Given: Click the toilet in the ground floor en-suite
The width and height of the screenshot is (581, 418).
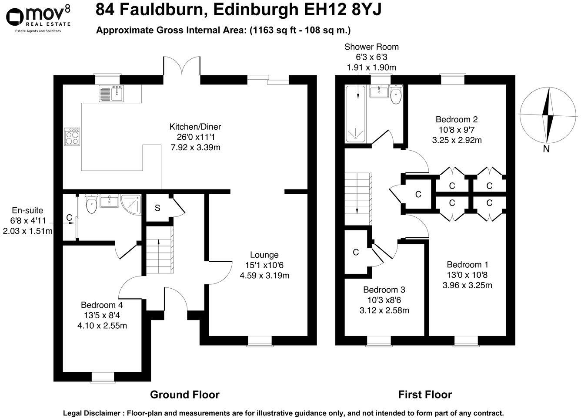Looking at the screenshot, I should tap(91, 204).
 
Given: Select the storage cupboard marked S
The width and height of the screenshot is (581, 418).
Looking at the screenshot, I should tap(157, 208).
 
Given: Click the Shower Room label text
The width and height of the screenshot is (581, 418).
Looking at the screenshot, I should tap(371, 47).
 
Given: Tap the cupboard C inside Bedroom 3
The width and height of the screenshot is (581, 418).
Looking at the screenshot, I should tap(356, 253).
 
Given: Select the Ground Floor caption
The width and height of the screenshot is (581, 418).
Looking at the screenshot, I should tap(185, 395).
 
